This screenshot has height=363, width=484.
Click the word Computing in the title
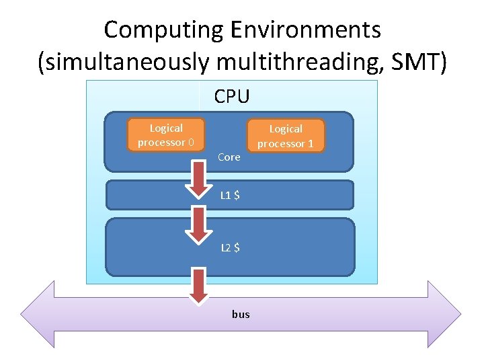(x=164, y=30)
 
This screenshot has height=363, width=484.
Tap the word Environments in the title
(x=305, y=30)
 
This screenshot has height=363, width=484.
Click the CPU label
(x=232, y=97)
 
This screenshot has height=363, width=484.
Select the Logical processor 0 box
(x=166, y=135)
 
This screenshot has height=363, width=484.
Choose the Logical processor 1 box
(x=286, y=136)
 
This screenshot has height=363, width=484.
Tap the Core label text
(x=229, y=157)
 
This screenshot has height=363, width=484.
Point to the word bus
(x=241, y=314)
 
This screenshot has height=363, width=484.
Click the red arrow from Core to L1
(x=199, y=177)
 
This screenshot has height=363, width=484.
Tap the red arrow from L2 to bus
(x=199, y=286)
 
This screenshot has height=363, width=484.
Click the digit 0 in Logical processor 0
(x=192, y=143)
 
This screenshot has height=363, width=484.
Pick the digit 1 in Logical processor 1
(x=311, y=144)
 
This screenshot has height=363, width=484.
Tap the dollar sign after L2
(x=237, y=247)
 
